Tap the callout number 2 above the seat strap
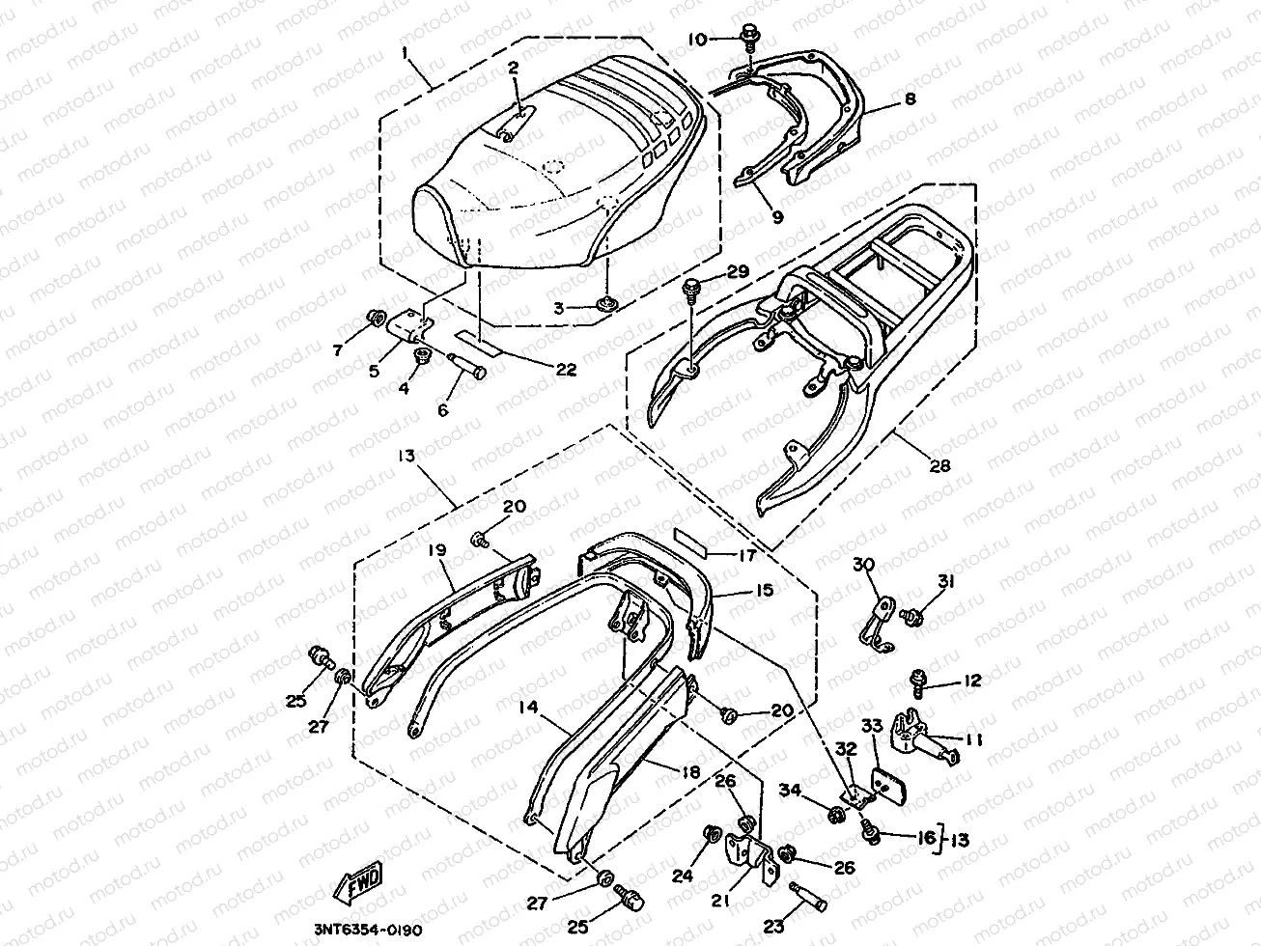pos(514,68)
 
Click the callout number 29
pos(739,274)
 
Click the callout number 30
pos(861,564)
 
